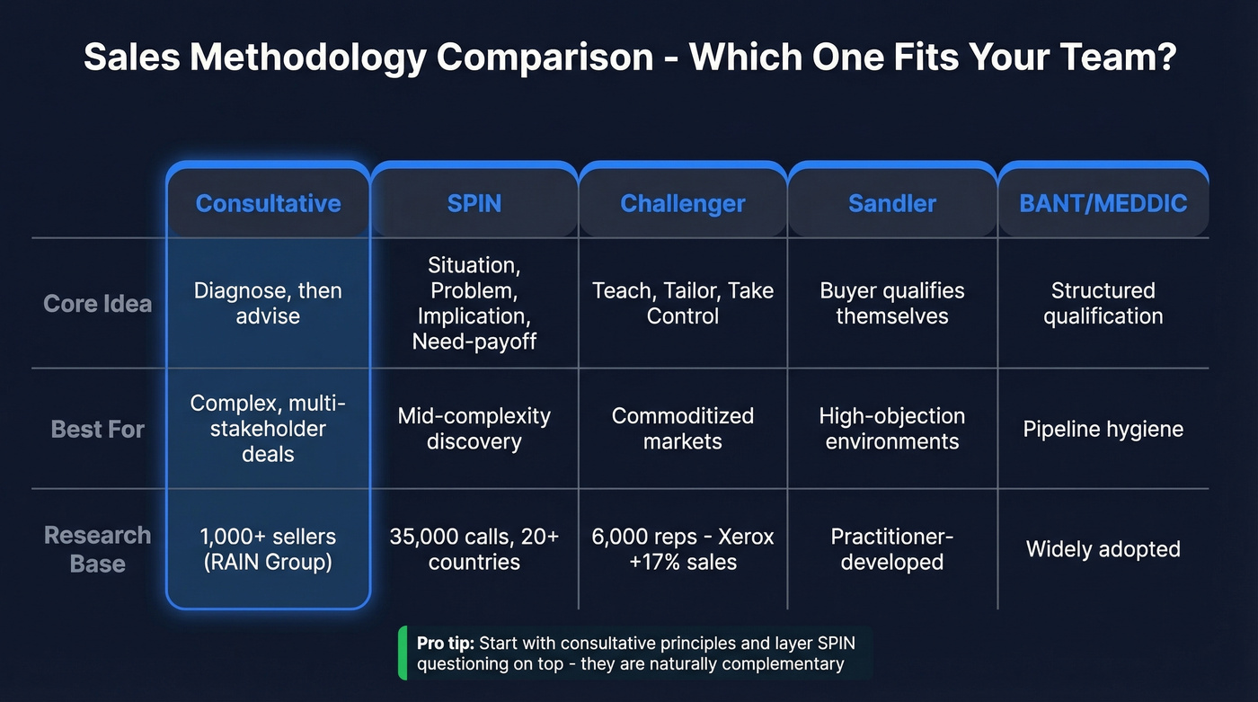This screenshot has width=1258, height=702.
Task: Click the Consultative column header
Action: (268, 203)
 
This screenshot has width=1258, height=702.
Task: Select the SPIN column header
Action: (474, 203)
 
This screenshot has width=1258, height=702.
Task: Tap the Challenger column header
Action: (683, 203)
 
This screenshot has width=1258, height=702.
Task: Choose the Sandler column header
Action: (892, 203)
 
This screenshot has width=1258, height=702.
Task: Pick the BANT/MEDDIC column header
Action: (1103, 203)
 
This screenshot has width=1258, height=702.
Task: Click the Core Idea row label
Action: (97, 304)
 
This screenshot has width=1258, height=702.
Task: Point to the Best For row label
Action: (97, 429)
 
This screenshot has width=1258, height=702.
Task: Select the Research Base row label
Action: (97, 549)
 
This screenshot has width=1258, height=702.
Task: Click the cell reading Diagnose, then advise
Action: (268, 304)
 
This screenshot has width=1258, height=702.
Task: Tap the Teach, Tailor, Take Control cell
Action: (683, 304)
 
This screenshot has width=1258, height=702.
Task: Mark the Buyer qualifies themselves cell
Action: (892, 304)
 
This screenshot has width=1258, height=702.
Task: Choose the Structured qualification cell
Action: (1103, 304)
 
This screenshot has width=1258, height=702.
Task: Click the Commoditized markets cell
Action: (683, 429)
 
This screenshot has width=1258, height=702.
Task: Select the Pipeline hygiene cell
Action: (1103, 429)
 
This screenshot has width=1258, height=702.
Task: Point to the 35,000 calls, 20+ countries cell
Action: (474, 549)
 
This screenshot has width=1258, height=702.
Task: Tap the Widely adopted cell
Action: (1103, 549)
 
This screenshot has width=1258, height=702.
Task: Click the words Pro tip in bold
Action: (446, 644)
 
